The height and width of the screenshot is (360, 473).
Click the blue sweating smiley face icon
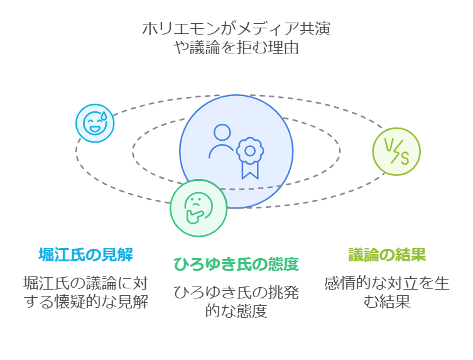95,123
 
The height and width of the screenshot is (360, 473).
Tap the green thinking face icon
198,208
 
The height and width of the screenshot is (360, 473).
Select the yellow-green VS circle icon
396,151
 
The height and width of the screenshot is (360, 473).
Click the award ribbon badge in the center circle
249,156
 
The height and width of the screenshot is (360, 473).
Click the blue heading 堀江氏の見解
85,254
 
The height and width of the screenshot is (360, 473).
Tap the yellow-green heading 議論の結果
388,254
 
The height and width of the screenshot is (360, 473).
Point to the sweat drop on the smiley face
105,115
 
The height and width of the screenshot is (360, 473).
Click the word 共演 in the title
315,29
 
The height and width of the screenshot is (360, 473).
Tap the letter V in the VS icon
389,146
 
